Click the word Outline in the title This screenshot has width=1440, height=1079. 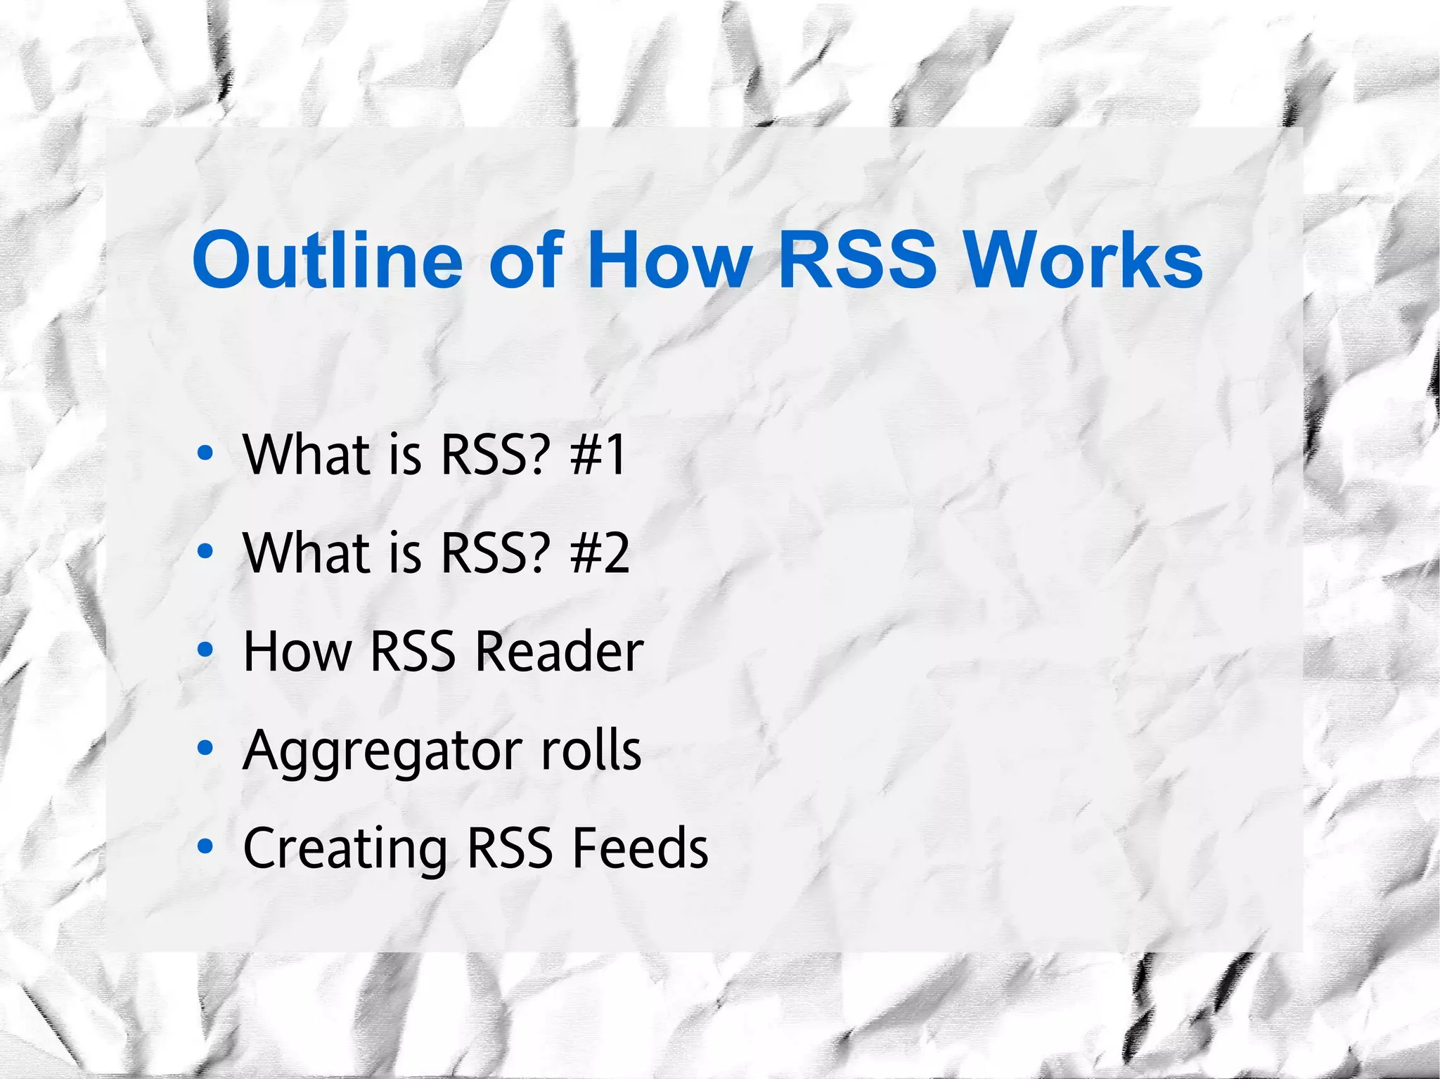pyautogui.click(x=328, y=260)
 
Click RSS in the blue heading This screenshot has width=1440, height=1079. pyautogui.click(x=857, y=260)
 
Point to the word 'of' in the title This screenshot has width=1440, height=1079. pyautogui.click(x=526, y=260)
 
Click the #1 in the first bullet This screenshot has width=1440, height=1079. pyautogui.click(x=598, y=455)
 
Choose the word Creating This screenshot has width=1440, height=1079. pyautogui.click(x=345, y=849)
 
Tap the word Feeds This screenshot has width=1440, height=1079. pyautogui.click(x=640, y=848)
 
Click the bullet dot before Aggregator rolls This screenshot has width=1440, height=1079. pyautogui.click(x=205, y=749)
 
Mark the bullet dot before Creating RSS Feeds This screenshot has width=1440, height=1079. pyautogui.click(x=205, y=847)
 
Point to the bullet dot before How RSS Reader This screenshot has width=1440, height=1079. pyautogui.click(x=205, y=650)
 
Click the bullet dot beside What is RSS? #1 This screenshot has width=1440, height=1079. pyautogui.click(x=205, y=453)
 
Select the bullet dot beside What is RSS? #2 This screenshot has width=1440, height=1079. pyautogui.click(x=205, y=552)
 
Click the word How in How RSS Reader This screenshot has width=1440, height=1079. pyautogui.click(x=297, y=652)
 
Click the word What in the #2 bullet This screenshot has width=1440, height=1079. pyautogui.click(x=307, y=553)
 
